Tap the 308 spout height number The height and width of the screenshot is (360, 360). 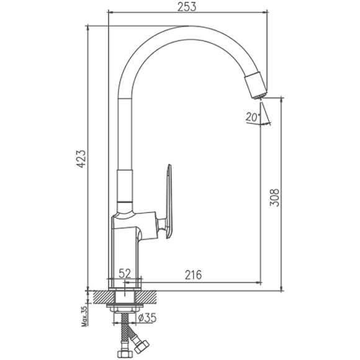[276, 197]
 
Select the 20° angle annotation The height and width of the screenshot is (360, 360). [251, 117]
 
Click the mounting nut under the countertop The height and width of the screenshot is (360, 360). [127, 308]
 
